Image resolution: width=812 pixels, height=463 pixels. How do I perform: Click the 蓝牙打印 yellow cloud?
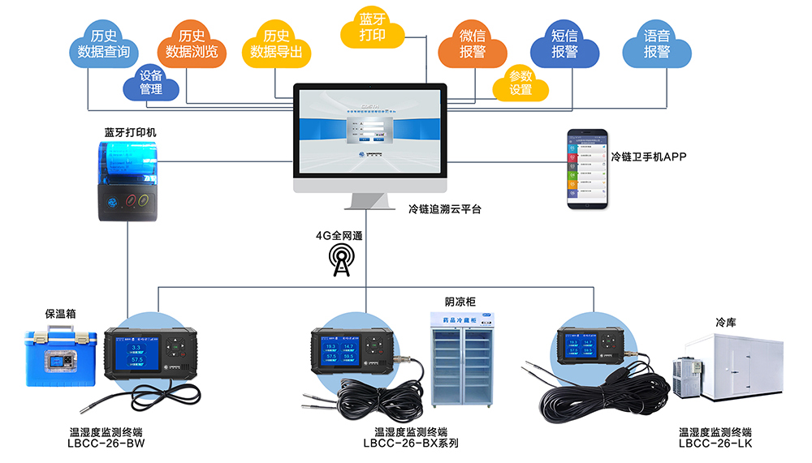pos(372,28)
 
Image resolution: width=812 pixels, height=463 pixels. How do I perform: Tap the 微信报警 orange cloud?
pos(473,45)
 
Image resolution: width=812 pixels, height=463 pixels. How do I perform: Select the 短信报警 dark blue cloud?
pos(564,45)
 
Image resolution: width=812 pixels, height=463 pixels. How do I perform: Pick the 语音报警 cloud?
pos(657,45)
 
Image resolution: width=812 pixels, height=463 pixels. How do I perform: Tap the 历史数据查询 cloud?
pos(103,45)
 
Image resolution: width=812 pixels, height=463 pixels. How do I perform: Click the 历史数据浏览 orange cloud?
pos(192,45)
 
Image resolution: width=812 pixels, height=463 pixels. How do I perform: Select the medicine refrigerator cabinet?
pos(462,358)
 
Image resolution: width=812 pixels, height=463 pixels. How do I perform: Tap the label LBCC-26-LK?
pos(715,443)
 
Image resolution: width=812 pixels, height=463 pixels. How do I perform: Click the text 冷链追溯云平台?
pos(444,209)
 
